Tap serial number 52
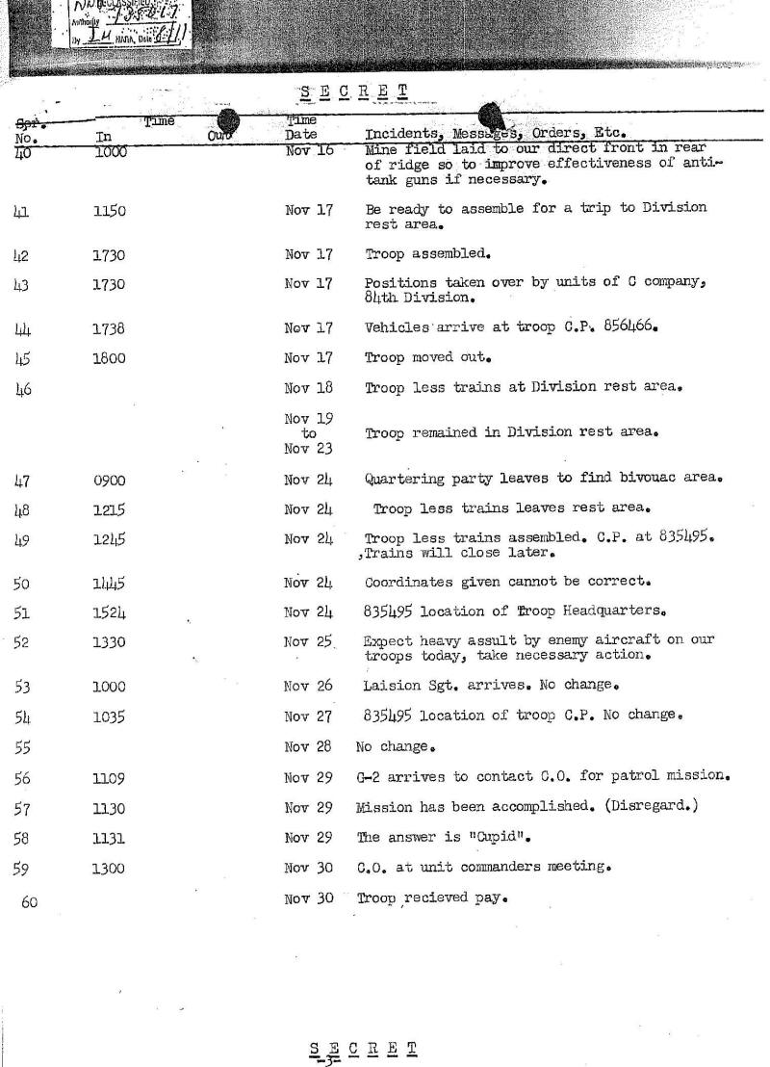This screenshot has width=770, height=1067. pos(22,641)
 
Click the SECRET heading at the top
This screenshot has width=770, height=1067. pos(352,92)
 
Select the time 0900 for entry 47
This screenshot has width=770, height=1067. pos(110,479)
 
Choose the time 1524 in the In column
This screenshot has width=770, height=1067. pos(110,611)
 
